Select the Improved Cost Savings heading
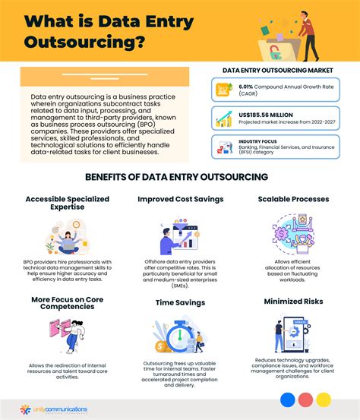click(180, 199)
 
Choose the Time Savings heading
click(180, 302)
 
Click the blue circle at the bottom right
click(287, 399)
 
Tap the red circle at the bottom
click(306, 399)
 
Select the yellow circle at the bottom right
click(324, 399)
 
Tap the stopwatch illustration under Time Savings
click(176, 333)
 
